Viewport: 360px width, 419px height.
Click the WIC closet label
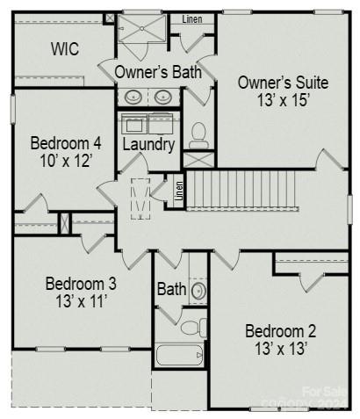tap(64, 49)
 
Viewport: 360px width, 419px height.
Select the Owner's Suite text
tap(283, 83)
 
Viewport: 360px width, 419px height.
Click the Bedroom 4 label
tap(66, 143)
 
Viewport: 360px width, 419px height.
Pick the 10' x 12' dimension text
tap(66, 161)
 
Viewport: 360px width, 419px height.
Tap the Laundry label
tap(148, 144)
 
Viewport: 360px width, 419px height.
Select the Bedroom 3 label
tap(81, 285)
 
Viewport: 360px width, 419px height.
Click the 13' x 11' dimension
tap(81, 302)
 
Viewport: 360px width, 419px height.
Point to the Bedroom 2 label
tap(280, 331)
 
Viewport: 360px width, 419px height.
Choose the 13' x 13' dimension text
tap(280, 349)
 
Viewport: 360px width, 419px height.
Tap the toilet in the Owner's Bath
tap(198, 134)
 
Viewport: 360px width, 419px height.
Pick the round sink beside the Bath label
tap(198, 289)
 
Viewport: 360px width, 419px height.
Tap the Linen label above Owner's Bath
tap(192, 19)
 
